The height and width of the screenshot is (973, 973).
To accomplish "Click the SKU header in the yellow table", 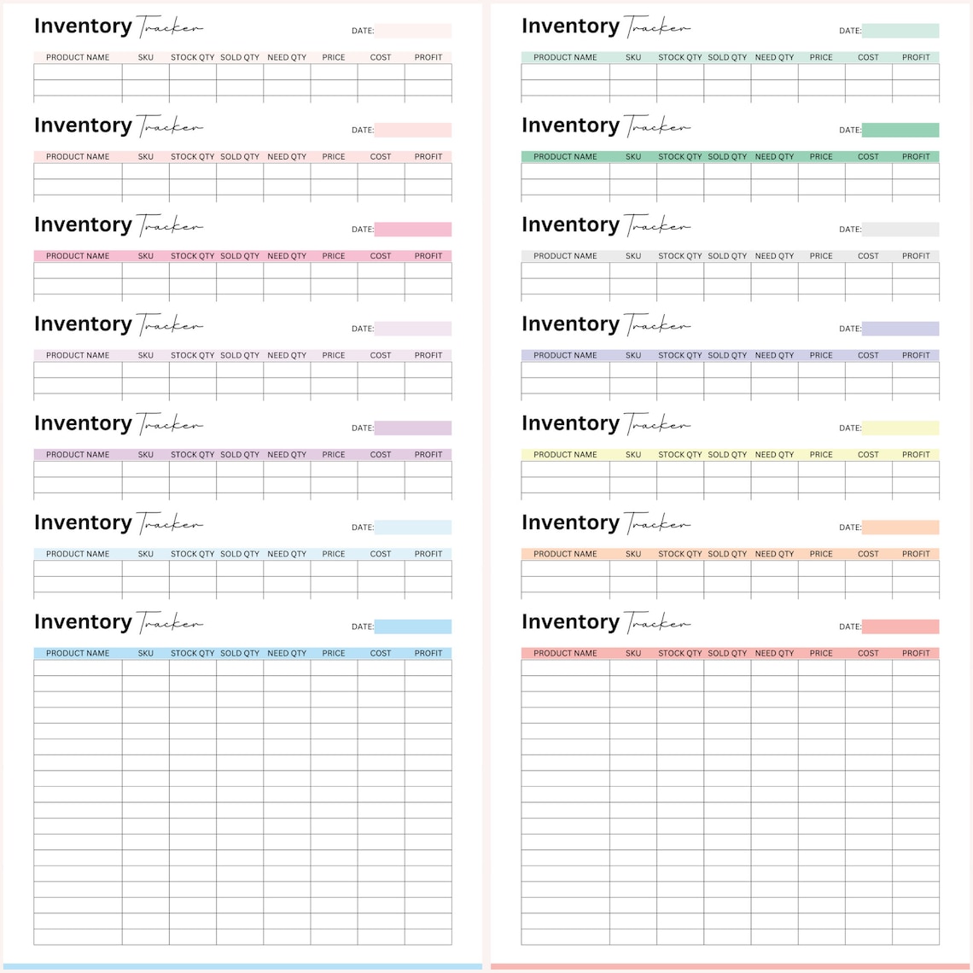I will [x=633, y=455].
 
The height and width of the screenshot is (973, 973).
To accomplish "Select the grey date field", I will [x=900, y=230].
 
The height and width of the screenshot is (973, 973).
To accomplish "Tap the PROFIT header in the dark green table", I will [x=916, y=157].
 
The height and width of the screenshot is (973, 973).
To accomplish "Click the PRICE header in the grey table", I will [x=821, y=256].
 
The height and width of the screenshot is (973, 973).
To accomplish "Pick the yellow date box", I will [x=900, y=428].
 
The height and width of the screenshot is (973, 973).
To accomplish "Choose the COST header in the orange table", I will [x=868, y=554].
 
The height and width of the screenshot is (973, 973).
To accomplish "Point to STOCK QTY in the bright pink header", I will [x=193, y=256].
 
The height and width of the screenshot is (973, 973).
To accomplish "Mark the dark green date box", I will [x=900, y=131].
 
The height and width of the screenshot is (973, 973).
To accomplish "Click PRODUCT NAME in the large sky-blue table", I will [x=78, y=654].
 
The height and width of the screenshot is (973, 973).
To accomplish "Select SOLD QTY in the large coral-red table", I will [x=727, y=654].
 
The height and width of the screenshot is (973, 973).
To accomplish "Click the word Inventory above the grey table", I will [x=570, y=225].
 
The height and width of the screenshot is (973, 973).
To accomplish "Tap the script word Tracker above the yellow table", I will [x=657, y=424].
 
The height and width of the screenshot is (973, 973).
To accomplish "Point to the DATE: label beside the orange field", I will [x=850, y=527].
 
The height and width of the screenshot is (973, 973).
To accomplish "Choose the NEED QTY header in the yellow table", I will [x=774, y=455].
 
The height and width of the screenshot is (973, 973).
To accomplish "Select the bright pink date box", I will [x=413, y=230].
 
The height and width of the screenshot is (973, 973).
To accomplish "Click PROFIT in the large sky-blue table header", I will [x=428, y=654].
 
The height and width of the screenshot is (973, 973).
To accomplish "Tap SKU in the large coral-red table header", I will [x=633, y=654].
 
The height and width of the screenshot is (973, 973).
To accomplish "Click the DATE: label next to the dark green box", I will [x=850, y=131].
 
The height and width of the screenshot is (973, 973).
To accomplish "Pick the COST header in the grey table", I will [x=868, y=256].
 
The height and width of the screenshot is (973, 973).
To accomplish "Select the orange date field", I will [x=900, y=527].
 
